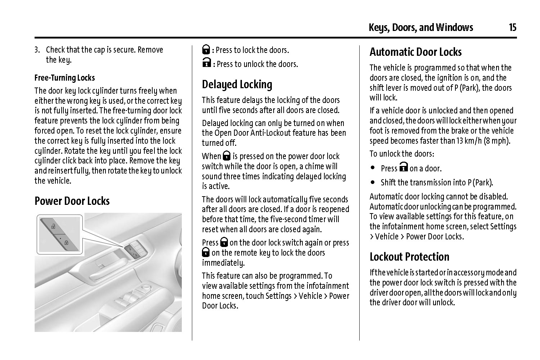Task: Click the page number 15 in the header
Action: point(513,27)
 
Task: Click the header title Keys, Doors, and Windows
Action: point(421,27)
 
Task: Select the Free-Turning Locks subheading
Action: point(65,78)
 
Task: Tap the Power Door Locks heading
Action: point(72,201)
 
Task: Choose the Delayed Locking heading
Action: point(237,85)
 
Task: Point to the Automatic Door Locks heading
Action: point(415,52)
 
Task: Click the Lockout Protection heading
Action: point(409,257)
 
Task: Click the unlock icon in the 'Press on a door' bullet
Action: point(404,167)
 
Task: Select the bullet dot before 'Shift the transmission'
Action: point(373,182)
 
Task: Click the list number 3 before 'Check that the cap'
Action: point(37,50)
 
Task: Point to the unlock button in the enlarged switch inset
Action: point(53,226)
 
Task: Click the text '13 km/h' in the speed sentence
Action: point(469,141)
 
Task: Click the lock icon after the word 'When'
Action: point(226,156)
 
